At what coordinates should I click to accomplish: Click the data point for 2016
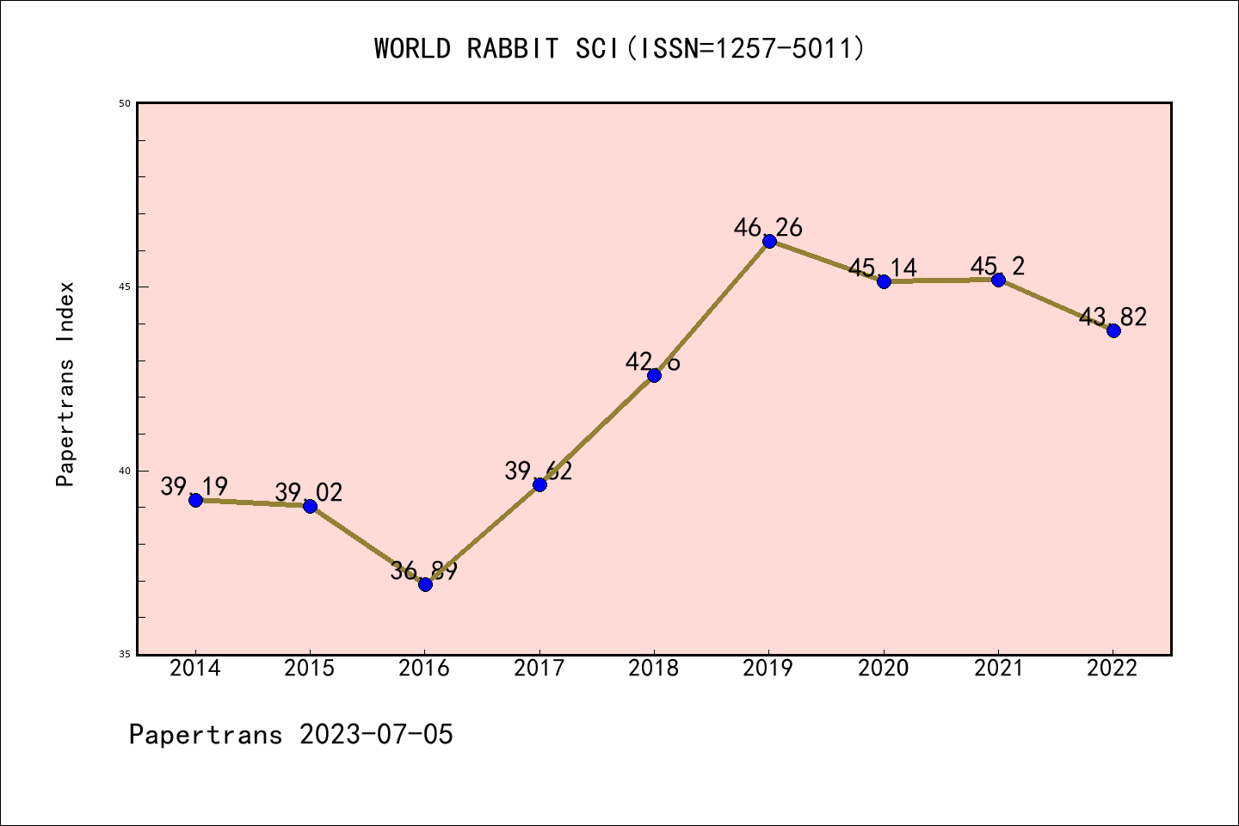click(425, 584)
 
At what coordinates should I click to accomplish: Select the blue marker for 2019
click(769, 241)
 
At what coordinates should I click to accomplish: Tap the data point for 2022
click(1113, 330)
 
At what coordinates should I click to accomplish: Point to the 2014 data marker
click(195, 500)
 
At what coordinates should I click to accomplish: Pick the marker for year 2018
click(654, 375)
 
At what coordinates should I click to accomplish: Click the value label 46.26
click(767, 228)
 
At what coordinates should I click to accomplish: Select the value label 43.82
click(1113, 317)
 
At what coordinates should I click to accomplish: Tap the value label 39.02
click(309, 493)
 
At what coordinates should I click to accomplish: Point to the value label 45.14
click(883, 268)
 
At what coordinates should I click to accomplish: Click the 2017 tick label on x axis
click(539, 669)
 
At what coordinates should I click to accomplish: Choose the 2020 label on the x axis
click(884, 669)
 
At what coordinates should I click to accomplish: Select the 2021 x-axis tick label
click(998, 669)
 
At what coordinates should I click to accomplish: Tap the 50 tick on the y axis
click(125, 103)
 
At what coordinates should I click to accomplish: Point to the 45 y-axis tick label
click(125, 287)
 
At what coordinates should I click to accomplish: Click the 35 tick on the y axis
click(125, 655)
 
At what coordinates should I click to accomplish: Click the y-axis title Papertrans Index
click(65, 384)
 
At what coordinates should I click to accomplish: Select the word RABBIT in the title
click(513, 49)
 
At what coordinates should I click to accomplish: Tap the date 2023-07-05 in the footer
click(376, 735)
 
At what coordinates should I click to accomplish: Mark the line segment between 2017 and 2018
click(597, 430)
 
